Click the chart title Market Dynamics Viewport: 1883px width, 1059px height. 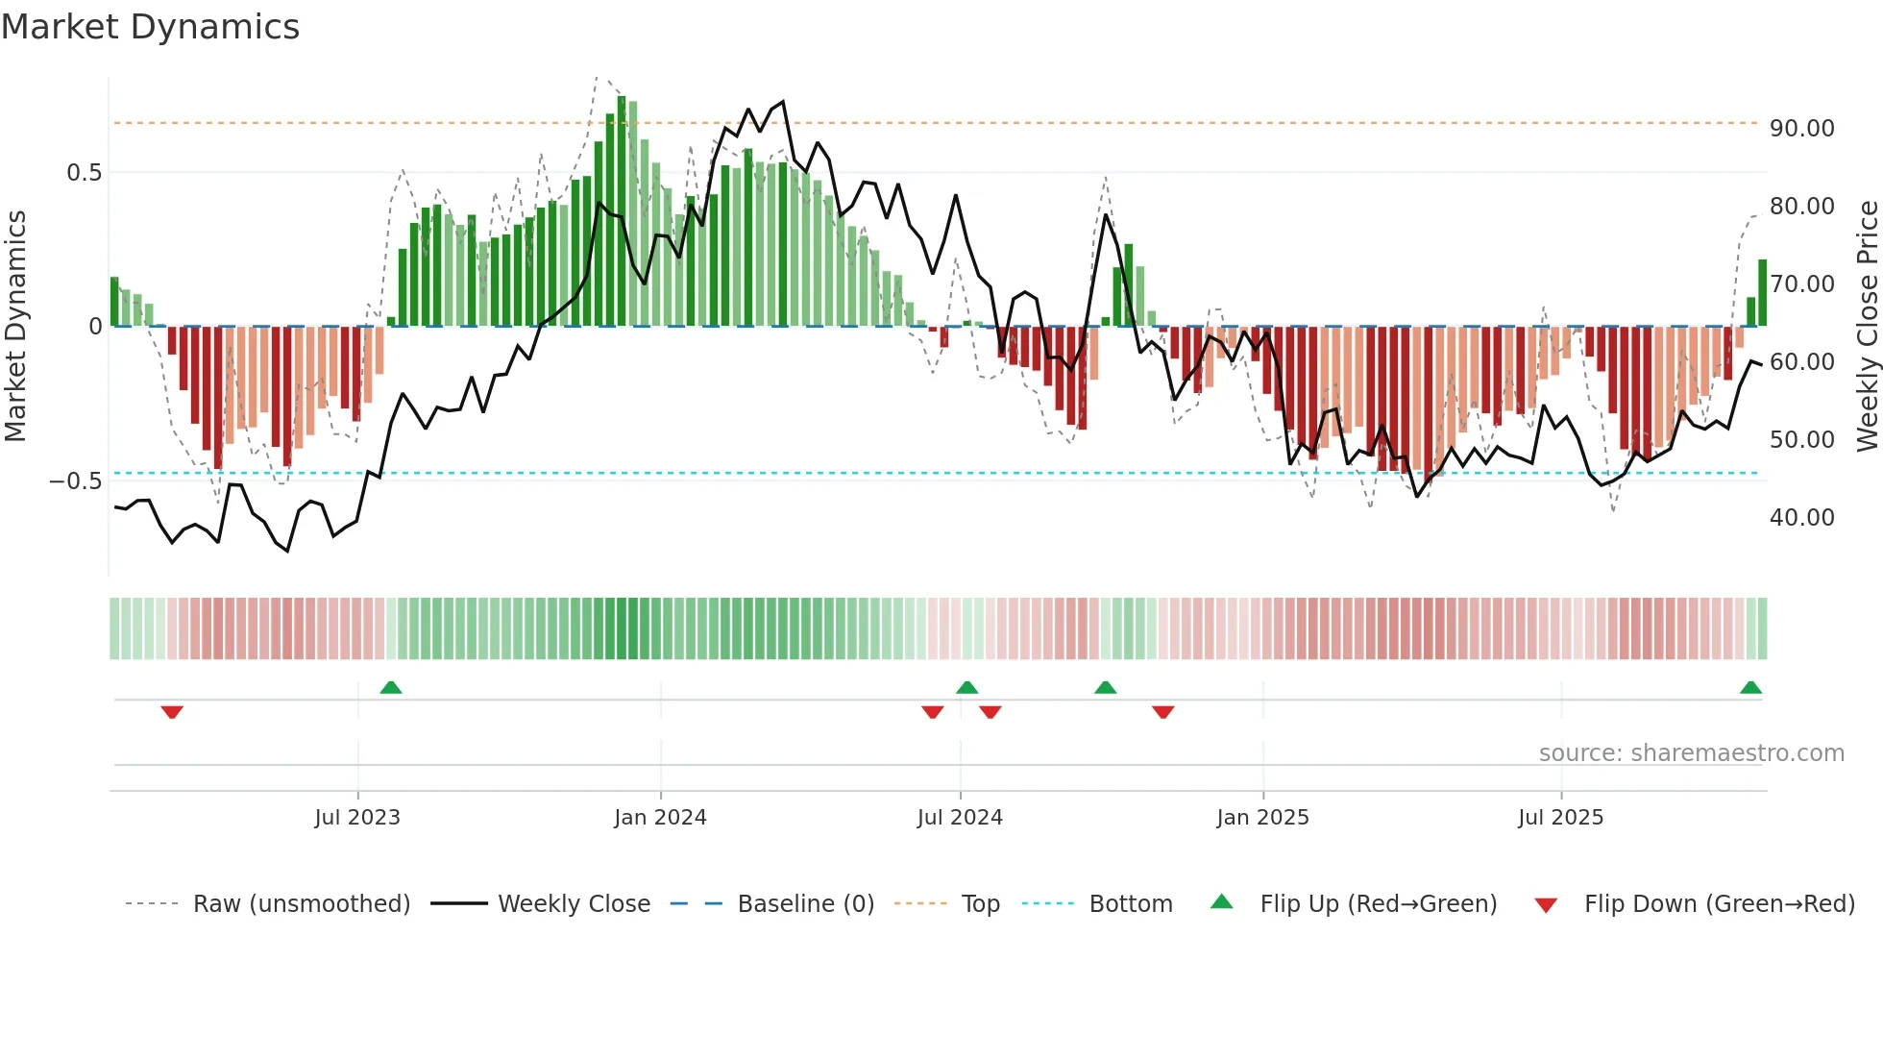pyautogui.click(x=150, y=27)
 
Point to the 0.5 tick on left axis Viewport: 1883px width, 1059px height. pyautogui.click(x=84, y=173)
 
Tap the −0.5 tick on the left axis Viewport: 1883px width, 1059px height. pyautogui.click(x=76, y=481)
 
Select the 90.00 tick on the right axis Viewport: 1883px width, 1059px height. pyautogui.click(x=1801, y=129)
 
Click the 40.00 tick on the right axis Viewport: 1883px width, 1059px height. pyautogui.click(x=1801, y=518)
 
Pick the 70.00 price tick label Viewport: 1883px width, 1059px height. pyautogui.click(x=1801, y=284)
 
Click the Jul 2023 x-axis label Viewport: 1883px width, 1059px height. pyautogui.click(x=357, y=818)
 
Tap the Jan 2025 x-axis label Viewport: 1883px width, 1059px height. pyautogui.click(x=1262, y=818)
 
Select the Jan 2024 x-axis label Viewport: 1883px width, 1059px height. pyautogui.click(x=660, y=818)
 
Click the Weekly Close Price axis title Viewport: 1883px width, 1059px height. pyautogui.click(x=1867, y=326)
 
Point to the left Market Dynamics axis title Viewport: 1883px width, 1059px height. pyautogui.click(x=15, y=326)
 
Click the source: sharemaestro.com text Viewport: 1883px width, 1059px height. pyautogui.click(x=1691, y=753)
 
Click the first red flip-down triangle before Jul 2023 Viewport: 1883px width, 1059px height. pyautogui.click(x=172, y=712)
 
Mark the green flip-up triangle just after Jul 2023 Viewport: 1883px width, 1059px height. pyautogui.click(x=391, y=687)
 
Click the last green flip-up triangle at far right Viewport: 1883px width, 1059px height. pyautogui.click(x=1750, y=687)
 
